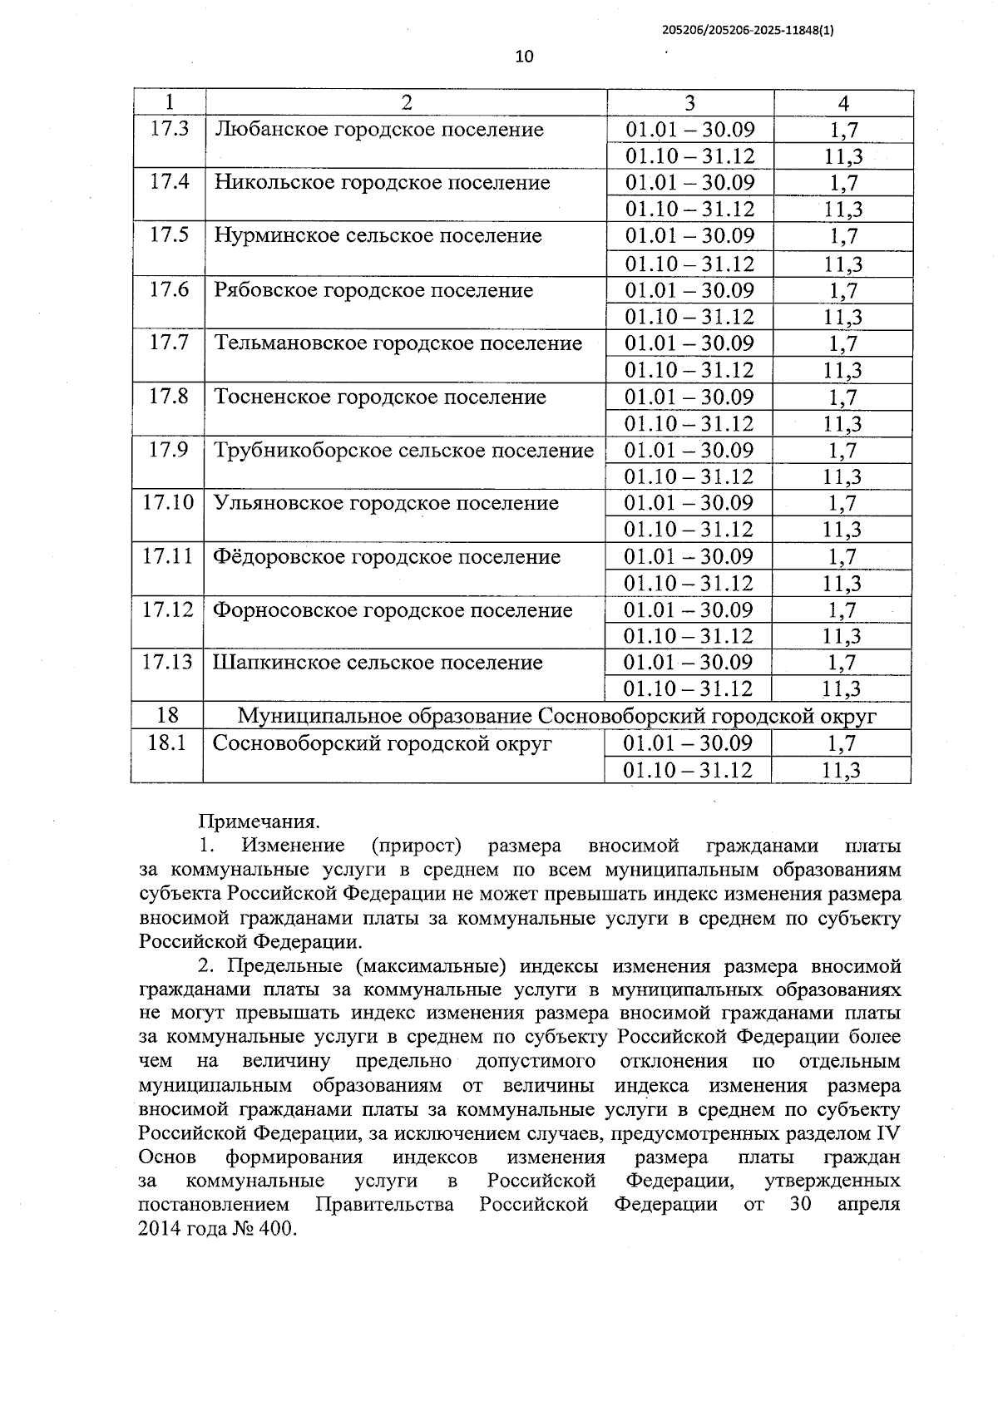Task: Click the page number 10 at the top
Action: coord(524,57)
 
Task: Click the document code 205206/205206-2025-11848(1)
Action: coord(748,30)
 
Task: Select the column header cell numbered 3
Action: coord(689,102)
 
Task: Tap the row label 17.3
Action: coord(169,129)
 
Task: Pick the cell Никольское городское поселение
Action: coord(382,183)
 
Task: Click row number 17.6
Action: coord(169,289)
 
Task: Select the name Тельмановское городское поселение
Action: coord(398,343)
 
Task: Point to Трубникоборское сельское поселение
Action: coord(403,451)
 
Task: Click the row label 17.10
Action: coord(167,503)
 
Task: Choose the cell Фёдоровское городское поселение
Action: coord(387,556)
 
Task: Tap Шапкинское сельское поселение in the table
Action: coord(378,663)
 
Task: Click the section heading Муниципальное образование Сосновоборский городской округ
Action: coord(556,716)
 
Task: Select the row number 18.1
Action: coord(166,743)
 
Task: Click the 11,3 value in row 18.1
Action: coord(841,770)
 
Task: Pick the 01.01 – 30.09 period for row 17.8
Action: coord(689,397)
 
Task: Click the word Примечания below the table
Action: coord(259,822)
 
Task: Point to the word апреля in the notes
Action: coord(868,1205)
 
